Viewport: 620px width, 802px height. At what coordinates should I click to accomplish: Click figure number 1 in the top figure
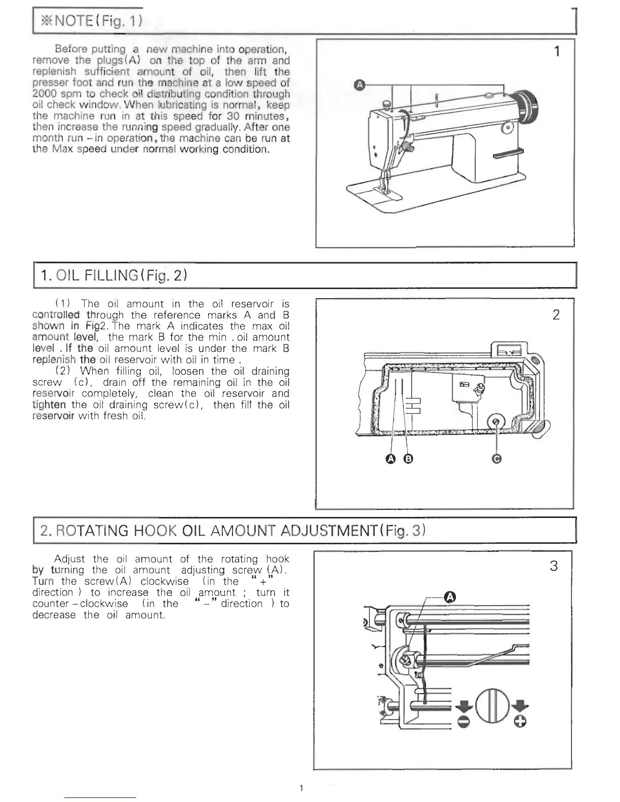click(557, 51)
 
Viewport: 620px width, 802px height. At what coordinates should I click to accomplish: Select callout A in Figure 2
click(390, 459)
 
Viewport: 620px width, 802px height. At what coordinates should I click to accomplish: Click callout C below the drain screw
click(497, 459)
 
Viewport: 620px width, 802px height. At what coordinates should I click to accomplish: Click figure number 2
click(556, 315)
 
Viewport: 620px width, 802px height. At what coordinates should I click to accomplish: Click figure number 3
click(554, 566)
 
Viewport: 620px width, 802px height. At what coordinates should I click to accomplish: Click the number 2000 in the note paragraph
click(46, 94)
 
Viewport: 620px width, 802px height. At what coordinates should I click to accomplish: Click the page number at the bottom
click(302, 787)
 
